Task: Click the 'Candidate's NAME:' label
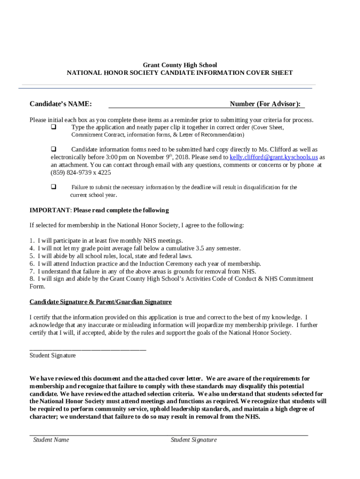(x=61, y=104)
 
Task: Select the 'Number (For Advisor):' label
(x=265, y=104)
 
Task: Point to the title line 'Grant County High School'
(x=180, y=65)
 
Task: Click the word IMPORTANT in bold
(x=50, y=210)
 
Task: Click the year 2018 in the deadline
(x=182, y=157)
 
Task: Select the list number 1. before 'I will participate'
(x=32, y=241)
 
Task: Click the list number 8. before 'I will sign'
(x=32, y=279)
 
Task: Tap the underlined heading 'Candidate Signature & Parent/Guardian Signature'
(x=101, y=302)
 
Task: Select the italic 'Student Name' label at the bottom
(x=51, y=440)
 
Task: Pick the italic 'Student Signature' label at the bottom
(x=194, y=440)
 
